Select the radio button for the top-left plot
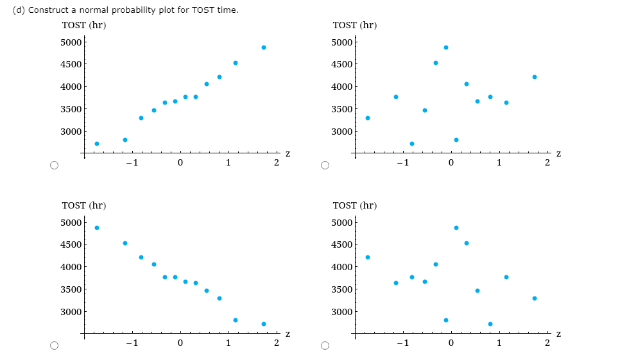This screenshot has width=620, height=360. point(55,166)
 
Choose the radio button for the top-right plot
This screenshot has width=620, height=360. point(325,166)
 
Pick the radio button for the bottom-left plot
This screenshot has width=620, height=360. point(55,346)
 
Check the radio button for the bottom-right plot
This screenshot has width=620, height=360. point(325,346)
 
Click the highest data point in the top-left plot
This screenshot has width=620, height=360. point(264,47)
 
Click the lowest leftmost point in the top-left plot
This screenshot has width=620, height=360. point(97,144)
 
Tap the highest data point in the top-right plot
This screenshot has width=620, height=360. point(446,47)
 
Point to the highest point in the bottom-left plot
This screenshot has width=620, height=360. point(97,228)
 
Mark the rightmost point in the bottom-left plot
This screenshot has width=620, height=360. point(264,324)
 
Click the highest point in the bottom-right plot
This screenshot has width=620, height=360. point(456,228)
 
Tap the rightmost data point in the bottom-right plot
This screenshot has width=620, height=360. point(535,298)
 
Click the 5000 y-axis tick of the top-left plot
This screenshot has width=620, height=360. point(71,42)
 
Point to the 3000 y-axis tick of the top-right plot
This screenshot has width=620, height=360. point(342,132)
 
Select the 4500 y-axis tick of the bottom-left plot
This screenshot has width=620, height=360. point(71,244)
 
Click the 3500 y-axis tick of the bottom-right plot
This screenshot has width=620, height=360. point(342,289)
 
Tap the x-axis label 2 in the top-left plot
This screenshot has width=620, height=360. point(275,162)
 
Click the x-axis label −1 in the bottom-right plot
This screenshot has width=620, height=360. point(402,343)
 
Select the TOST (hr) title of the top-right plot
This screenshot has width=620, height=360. point(355,25)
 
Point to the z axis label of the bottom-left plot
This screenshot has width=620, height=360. point(288,334)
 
